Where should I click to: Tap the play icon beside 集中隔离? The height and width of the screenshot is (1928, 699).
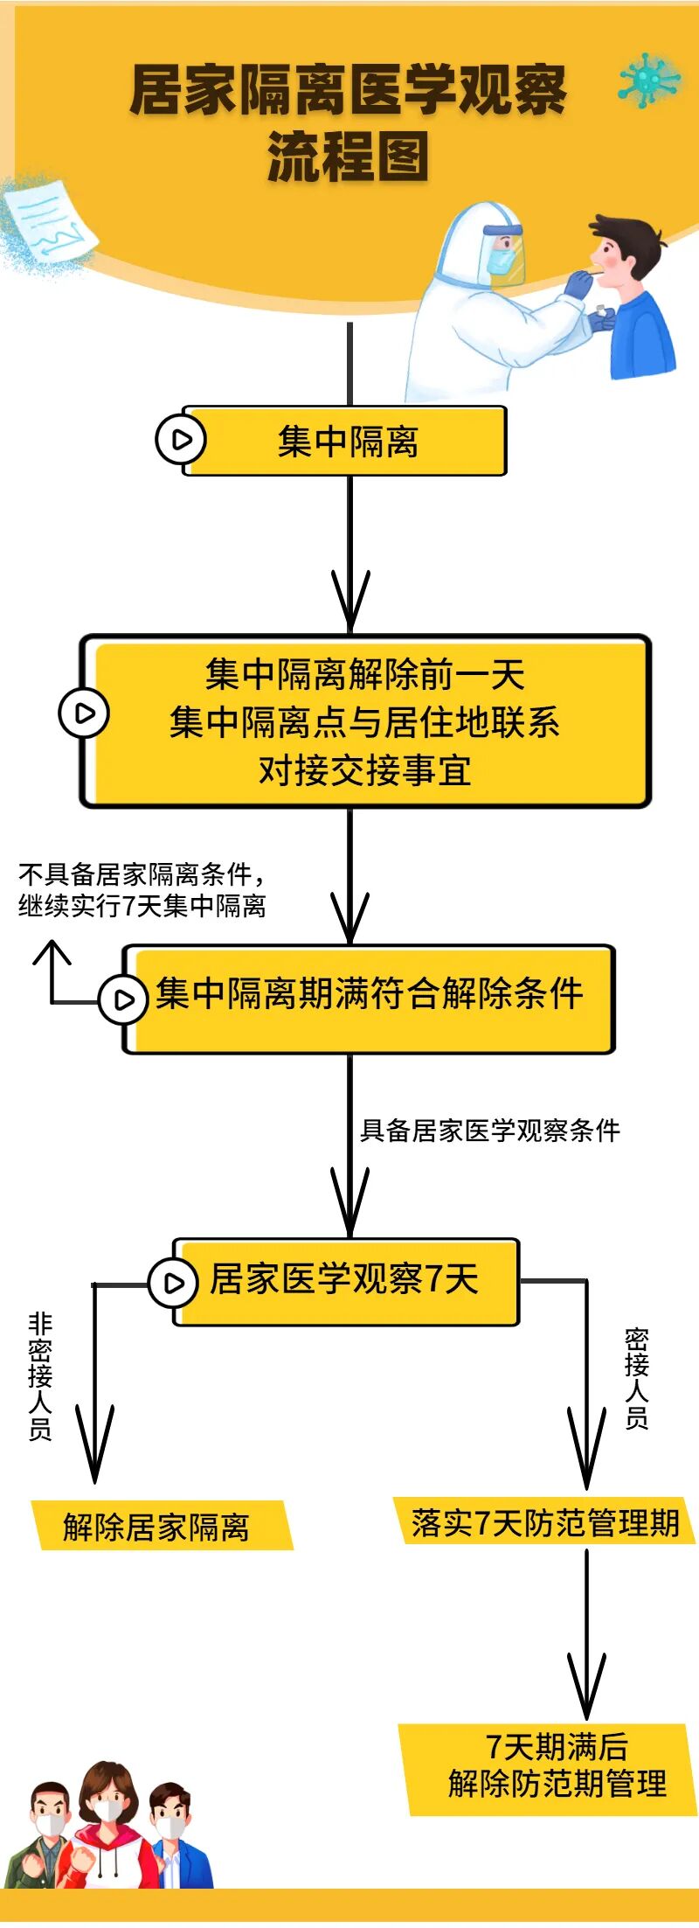point(180,439)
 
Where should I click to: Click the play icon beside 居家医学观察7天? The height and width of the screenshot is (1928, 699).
point(173,1282)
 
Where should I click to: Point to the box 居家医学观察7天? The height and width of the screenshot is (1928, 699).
point(345,1280)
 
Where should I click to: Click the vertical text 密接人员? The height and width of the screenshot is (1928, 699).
point(636,1378)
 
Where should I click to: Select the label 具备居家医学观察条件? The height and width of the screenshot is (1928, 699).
point(489,1131)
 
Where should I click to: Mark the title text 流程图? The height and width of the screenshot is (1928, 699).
point(348,157)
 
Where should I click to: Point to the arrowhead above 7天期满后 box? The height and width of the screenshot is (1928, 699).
point(586,1687)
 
